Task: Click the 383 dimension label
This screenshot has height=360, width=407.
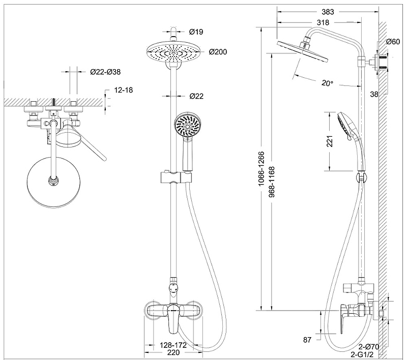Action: pos(328,12)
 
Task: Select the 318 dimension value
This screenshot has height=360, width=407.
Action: pos(323,23)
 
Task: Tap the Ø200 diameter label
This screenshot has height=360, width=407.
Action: pos(218,52)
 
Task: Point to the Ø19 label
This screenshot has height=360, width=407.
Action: pos(196,32)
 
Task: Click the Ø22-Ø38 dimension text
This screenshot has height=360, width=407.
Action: pos(105,72)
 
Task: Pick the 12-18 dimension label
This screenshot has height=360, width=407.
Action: pos(124,90)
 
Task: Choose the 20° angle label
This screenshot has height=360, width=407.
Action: pos(327,83)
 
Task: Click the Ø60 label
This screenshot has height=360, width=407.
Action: pos(393,42)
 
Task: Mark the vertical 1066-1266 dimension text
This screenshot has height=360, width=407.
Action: pos(261,169)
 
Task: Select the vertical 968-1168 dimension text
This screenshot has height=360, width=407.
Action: pos(272,182)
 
